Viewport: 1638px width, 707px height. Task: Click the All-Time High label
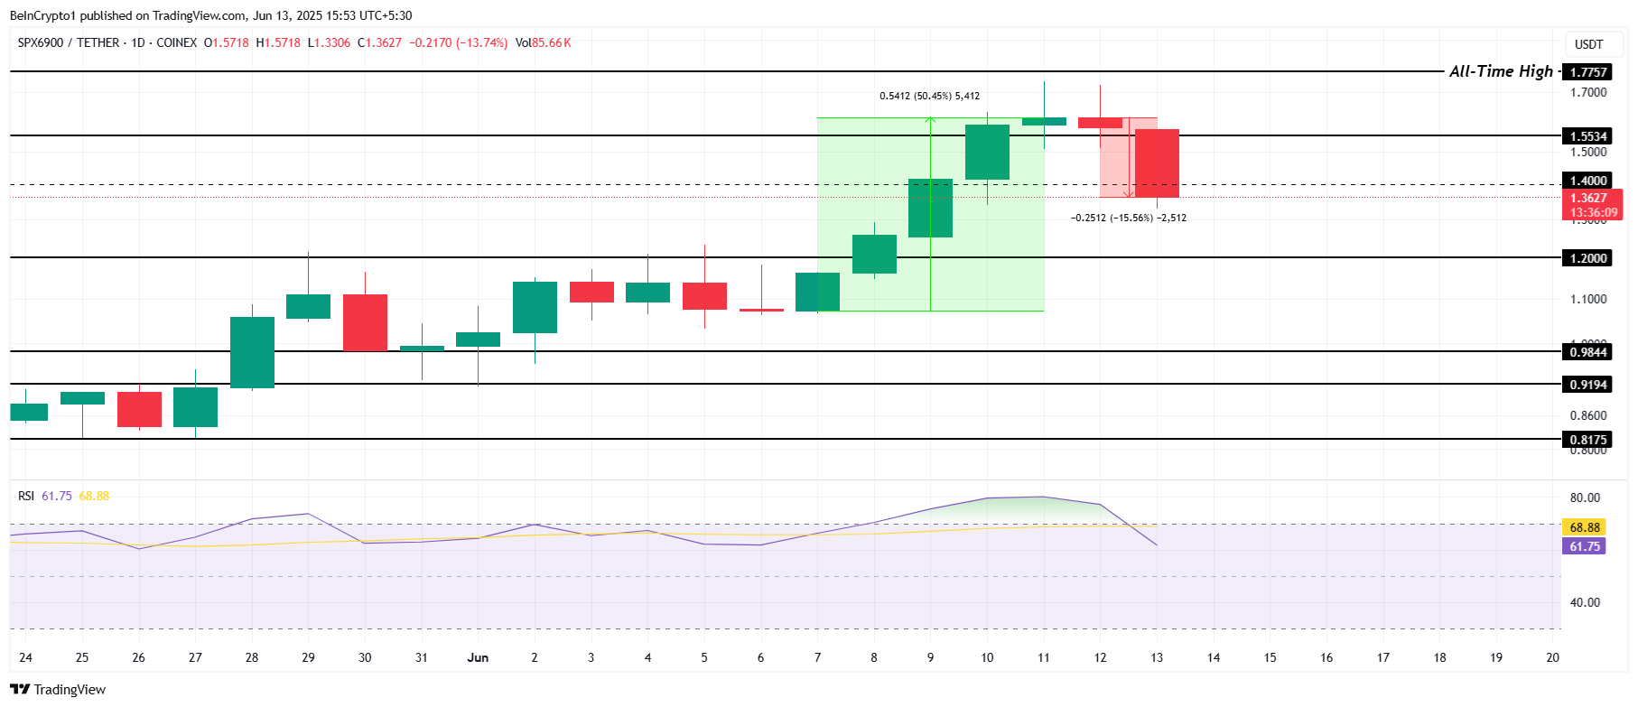point(1501,71)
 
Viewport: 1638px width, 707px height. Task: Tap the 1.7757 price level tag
point(1587,72)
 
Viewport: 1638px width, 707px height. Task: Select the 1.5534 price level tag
point(1587,136)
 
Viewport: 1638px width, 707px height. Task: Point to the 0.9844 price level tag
point(1587,352)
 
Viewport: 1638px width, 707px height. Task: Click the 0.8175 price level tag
point(1587,440)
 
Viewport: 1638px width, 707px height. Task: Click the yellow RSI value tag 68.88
point(1584,527)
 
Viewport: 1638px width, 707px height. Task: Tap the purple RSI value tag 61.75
point(1584,546)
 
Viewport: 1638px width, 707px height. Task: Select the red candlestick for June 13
point(1157,163)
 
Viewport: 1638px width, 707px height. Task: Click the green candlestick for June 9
point(930,209)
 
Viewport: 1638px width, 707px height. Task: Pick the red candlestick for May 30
point(365,322)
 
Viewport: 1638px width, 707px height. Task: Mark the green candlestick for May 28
point(252,352)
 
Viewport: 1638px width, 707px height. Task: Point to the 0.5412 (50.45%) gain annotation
point(929,96)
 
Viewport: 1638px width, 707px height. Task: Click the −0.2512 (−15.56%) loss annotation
point(1128,218)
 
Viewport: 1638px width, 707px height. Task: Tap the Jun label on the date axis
point(478,657)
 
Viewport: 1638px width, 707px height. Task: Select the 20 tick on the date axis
point(1552,657)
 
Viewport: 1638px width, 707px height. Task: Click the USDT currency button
point(1588,44)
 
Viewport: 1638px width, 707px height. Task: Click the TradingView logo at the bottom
point(59,690)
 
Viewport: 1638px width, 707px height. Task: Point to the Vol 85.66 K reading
point(543,42)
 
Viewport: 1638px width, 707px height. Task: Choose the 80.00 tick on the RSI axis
point(1584,498)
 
